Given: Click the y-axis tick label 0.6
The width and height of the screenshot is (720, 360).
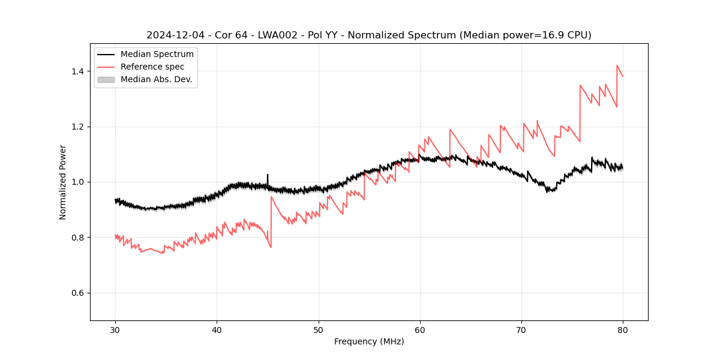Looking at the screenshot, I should tap(77, 293).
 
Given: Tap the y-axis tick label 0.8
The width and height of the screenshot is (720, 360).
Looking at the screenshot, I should tap(77, 238).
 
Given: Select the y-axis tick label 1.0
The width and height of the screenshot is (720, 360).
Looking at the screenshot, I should tap(77, 182).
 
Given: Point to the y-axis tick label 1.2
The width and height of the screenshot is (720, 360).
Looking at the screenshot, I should tap(77, 127).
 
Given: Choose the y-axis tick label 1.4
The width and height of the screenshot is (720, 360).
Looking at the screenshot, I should tap(77, 71).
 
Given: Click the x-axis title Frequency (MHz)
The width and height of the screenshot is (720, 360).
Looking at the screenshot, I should tap(369, 341).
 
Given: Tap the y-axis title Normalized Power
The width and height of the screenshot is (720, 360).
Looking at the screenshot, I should tap(63, 182).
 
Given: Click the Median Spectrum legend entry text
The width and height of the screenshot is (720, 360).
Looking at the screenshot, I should tap(157, 55).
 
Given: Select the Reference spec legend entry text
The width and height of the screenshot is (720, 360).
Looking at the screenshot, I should tap(152, 67).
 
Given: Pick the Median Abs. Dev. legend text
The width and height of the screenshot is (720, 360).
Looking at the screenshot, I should tap(156, 79).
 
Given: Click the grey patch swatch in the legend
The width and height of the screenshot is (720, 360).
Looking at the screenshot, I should tap(106, 79).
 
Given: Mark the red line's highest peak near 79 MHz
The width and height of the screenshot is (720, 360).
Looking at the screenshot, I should tap(617, 66).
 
